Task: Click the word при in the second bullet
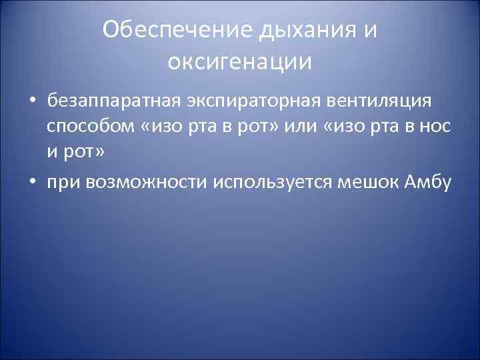pos(63,182)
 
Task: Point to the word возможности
pos(145,182)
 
